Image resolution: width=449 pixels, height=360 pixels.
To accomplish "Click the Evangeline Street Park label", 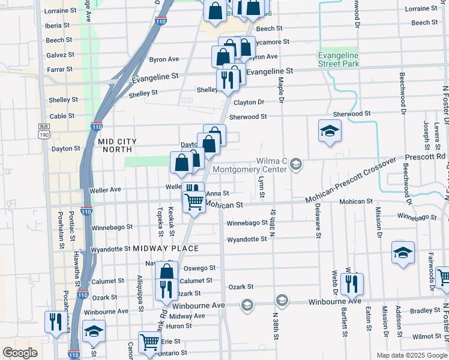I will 337,59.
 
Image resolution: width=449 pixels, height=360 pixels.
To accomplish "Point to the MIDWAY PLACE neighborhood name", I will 166,248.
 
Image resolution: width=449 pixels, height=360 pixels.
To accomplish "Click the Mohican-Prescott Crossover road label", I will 351,181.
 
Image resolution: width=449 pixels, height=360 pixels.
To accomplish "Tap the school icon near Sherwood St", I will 329,131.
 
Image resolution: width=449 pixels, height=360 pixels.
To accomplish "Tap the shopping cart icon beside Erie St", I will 149,343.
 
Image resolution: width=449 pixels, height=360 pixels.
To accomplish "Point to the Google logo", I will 20,353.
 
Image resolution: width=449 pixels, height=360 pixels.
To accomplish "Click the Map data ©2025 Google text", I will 412,355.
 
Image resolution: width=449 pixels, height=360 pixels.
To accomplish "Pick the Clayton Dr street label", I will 248,103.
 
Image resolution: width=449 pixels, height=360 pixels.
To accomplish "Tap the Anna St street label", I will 217,193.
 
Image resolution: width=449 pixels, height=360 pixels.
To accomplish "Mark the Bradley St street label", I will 426,310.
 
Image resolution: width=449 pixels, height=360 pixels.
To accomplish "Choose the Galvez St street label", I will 60,55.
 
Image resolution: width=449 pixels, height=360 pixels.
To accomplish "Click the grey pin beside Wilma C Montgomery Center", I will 296,164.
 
